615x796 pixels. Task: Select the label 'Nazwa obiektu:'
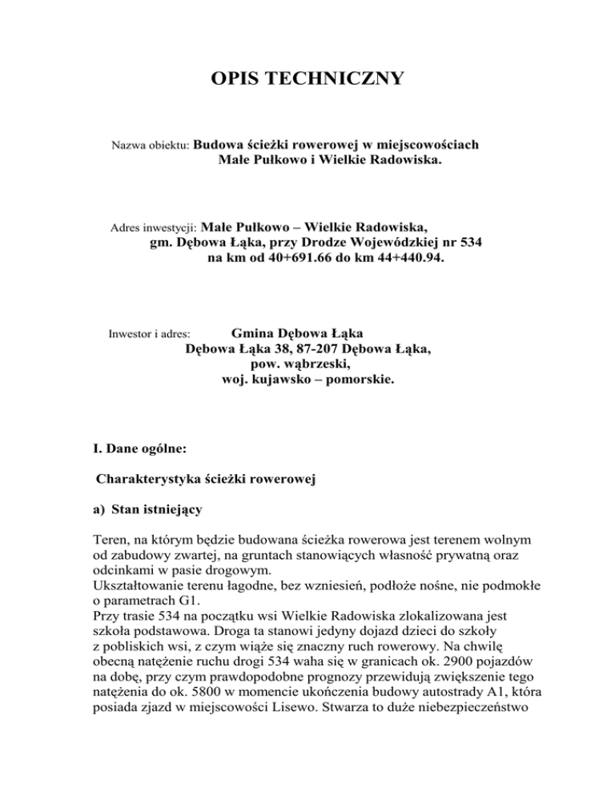tap(148, 147)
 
